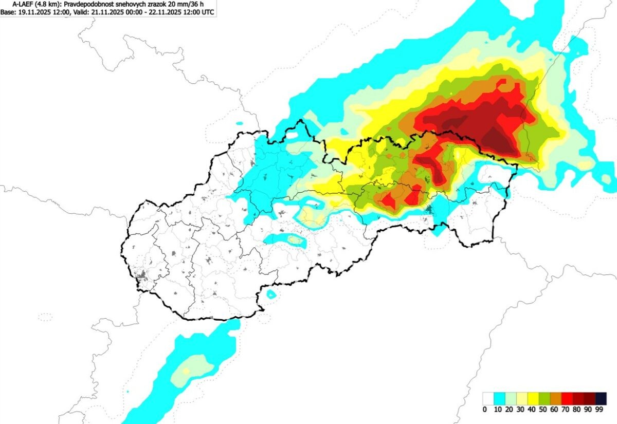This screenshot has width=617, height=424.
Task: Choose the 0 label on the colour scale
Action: coord(485,410)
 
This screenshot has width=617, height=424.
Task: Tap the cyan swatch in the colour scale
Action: coord(499,399)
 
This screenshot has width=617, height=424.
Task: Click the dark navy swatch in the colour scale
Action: coord(601,399)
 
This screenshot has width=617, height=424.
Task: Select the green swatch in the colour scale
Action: coord(545,399)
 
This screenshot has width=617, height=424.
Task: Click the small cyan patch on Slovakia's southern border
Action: coord(271,294)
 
